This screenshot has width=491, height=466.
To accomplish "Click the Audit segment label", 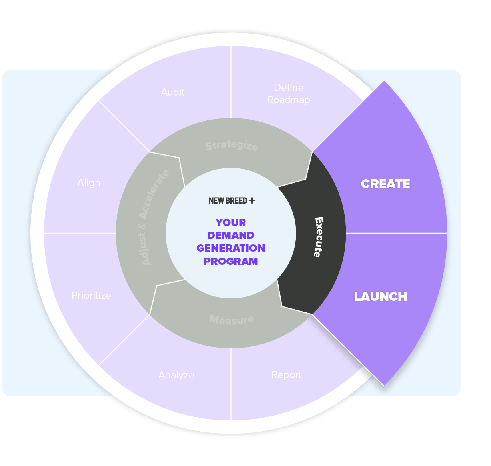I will tap(172, 92).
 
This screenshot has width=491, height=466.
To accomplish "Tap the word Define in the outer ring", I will tap(289, 88).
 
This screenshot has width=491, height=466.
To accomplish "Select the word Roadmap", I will tap(289, 100).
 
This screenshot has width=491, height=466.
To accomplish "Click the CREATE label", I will tap(385, 184).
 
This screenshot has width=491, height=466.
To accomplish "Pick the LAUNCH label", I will tap(381, 296).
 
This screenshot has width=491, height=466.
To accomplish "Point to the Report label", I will tap(286, 375).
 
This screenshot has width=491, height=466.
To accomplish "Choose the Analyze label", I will tap(176, 375).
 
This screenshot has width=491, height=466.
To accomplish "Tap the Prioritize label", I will tap(91, 296).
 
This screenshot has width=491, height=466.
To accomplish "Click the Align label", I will tap(89, 183).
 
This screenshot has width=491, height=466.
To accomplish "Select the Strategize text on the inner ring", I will tap(232, 146).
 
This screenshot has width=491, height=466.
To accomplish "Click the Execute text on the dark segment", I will tap(319, 237).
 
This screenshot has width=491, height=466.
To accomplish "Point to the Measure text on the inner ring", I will tap(232, 320).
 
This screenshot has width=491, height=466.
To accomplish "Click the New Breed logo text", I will tap(228, 201).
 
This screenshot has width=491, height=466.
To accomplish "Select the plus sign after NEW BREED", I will tap(252, 200).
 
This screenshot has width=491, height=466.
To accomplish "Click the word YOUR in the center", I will tap(231, 222).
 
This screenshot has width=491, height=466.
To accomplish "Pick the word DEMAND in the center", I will tap(231, 235).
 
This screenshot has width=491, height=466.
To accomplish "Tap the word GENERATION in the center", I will tap(231, 248).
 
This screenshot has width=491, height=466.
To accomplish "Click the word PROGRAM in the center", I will tap(231, 261).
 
